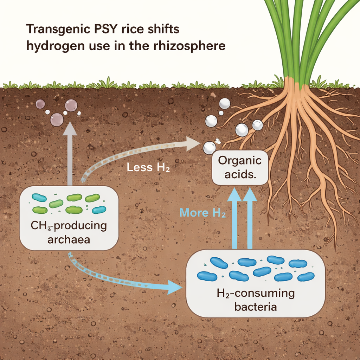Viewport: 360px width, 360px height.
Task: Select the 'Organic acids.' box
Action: coord(240,168)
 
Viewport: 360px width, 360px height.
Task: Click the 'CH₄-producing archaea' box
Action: coord(69,218)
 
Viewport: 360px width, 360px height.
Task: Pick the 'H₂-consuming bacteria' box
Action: coord(255,283)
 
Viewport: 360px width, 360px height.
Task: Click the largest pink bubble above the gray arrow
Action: coord(57,120)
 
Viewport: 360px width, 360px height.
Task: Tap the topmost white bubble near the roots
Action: coord(225,103)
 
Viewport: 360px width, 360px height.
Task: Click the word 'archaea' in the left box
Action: coord(69,240)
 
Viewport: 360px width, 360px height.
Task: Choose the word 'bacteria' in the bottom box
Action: coord(255,307)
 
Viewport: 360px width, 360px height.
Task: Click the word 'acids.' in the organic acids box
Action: coord(240,175)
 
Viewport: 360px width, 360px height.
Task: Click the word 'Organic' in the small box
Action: coord(240,161)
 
